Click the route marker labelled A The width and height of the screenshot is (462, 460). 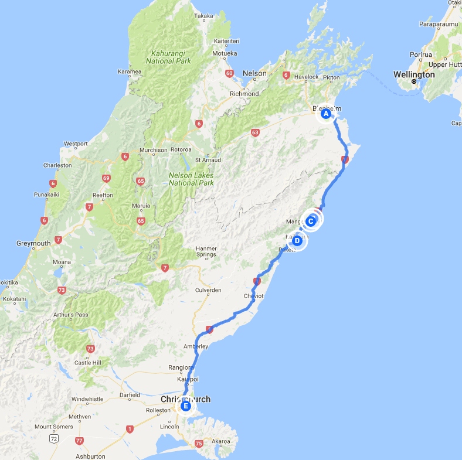point(326,114)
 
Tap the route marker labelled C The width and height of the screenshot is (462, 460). point(311,221)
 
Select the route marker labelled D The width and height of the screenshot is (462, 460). point(297,240)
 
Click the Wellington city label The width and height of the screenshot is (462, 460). point(414,75)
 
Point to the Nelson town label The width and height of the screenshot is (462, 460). point(255,73)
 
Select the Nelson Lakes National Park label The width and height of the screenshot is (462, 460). point(191,179)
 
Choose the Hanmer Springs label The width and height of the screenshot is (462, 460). point(206,251)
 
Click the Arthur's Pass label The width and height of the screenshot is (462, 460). point(73,315)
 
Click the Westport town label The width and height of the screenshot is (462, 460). point(76,144)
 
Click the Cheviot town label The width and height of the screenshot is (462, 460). point(253,296)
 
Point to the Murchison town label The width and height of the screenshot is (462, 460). point(153,150)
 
